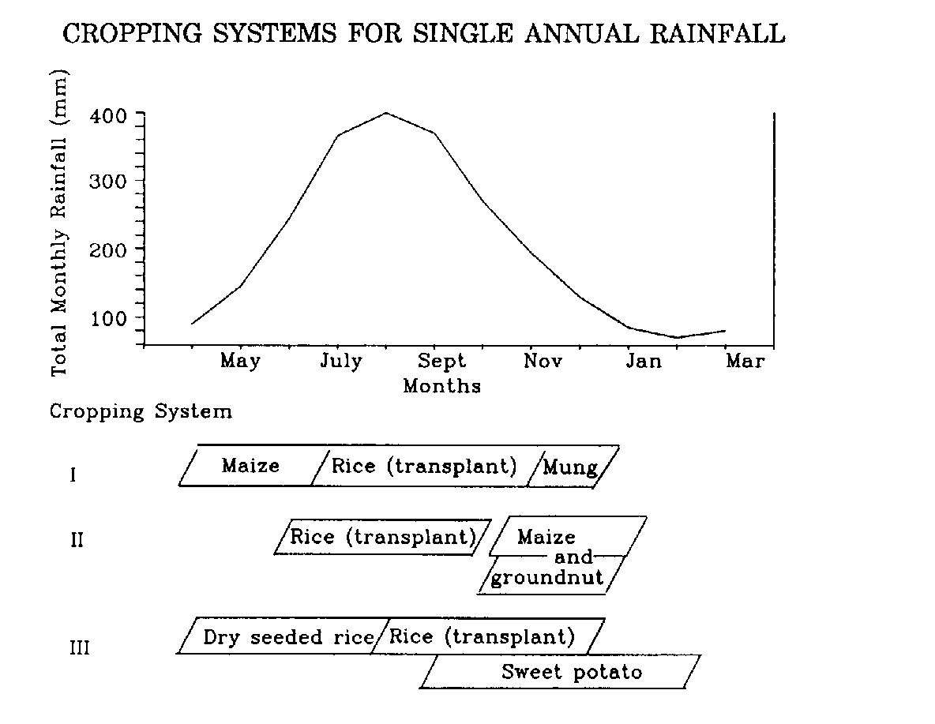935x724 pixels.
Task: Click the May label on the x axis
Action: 240,362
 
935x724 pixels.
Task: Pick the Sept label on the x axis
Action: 441,362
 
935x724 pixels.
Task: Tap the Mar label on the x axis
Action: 745,362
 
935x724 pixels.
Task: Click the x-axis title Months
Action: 441,387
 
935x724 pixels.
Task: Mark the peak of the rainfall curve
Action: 385,113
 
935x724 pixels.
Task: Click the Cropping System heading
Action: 141,412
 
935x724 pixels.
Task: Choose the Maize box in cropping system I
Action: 251,466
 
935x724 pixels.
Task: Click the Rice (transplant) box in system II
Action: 382,538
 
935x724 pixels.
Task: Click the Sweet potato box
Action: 571,673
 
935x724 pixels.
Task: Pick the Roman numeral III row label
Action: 79,649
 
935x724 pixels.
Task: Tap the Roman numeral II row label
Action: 77,542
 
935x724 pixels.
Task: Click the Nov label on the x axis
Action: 543,362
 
